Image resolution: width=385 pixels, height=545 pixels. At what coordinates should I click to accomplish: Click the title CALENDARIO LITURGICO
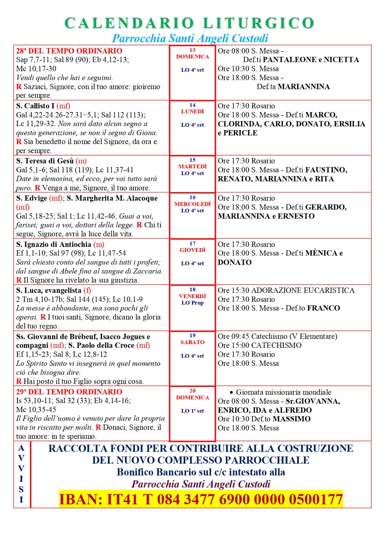tap(189, 23)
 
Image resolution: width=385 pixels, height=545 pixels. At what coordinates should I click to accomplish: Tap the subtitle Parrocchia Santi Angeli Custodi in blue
tap(190, 38)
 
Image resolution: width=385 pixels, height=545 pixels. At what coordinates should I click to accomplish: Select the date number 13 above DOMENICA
tap(192, 50)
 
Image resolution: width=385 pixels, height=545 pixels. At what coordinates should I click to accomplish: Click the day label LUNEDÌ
tap(192, 112)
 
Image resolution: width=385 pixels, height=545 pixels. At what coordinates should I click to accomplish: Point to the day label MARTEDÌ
tap(192, 167)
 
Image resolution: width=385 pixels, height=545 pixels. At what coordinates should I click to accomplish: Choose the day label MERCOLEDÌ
tap(192, 204)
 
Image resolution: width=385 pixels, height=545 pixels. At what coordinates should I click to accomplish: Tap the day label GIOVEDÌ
tap(192, 250)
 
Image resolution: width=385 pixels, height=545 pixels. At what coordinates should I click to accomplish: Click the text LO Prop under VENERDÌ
tap(192, 303)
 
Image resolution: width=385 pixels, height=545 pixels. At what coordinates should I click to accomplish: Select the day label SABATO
tap(192, 342)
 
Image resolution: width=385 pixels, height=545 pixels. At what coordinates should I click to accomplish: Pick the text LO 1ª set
tap(192, 411)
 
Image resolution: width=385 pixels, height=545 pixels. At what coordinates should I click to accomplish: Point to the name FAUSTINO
tap(326, 170)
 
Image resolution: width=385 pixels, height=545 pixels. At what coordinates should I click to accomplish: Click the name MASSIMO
tap(292, 419)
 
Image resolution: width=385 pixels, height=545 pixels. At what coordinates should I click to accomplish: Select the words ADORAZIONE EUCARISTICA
tap(303, 290)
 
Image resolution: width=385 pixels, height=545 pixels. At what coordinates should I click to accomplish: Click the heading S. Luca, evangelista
tap(49, 291)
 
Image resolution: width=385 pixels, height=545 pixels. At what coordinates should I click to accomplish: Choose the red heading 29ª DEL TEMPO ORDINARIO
tap(69, 392)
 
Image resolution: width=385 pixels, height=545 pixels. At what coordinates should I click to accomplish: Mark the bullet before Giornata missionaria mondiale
tap(231, 392)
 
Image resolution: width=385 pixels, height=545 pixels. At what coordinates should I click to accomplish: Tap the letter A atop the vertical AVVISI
tap(21, 448)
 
